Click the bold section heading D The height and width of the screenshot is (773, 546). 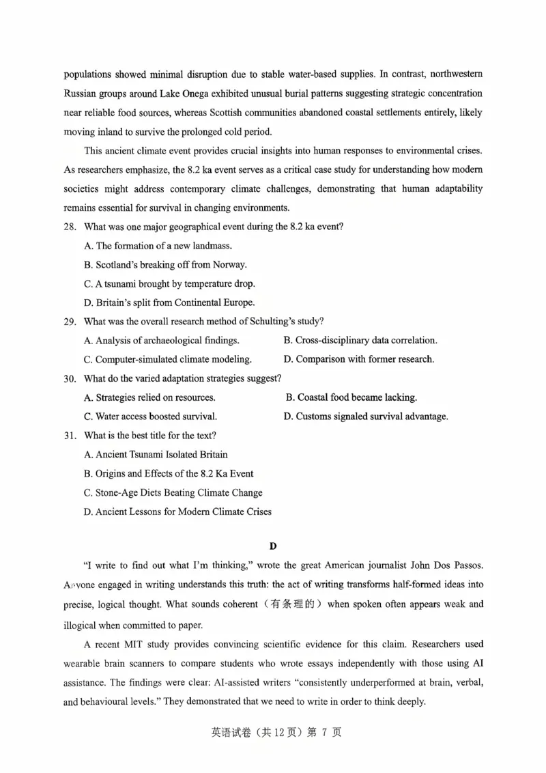coord(273,546)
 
